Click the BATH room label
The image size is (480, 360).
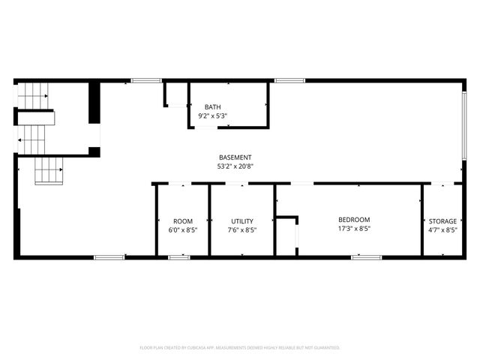click(212, 107)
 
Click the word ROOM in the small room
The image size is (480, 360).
click(183, 221)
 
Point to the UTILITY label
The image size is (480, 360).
click(242, 221)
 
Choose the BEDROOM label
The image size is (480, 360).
click(354, 220)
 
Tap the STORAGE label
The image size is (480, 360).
click(442, 221)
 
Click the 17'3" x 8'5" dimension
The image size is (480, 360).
click(354, 229)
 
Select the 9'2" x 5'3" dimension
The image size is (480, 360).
click(212, 116)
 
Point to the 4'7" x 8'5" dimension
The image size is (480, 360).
click(442, 230)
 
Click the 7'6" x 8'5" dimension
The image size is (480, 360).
click(242, 230)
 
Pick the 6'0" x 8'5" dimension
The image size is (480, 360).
click(183, 230)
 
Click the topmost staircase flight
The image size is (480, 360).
click(33, 95)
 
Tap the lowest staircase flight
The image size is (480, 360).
click(49, 171)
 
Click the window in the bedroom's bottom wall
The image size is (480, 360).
click(366, 257)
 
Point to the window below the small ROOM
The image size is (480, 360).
click(178, 257)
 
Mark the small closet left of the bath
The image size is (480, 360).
click(175, 94)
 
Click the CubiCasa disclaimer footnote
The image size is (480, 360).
click(240, 347)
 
